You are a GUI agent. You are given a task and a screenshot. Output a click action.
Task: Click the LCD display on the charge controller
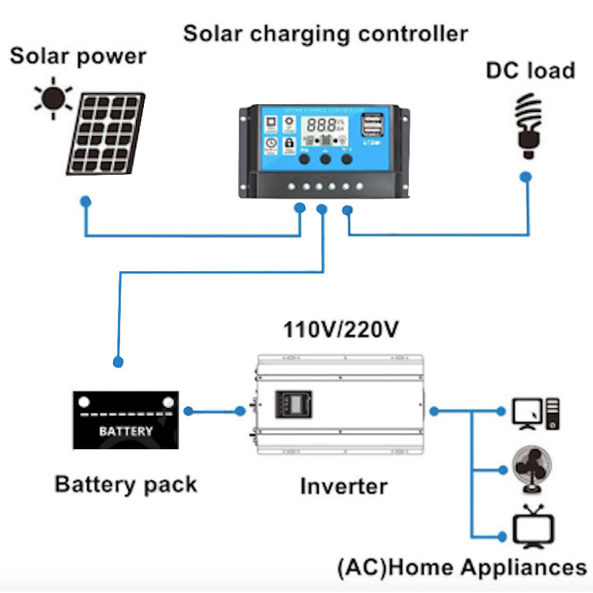pos(325,125)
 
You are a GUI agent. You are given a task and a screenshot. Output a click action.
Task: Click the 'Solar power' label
pos(77,57)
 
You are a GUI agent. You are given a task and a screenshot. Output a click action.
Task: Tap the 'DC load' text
pos(530,70)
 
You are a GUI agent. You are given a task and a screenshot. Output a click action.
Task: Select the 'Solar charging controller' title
pos(325,34)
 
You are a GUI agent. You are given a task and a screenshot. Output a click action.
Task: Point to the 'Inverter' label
pos(343,486)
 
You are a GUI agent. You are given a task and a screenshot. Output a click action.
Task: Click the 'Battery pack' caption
pos(126,484)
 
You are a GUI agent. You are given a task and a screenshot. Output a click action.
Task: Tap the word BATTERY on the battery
pos(126,432)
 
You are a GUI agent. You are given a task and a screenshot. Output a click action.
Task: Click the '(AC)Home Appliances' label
pos(462,567)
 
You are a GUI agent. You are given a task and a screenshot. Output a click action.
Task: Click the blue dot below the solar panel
pos(86,202)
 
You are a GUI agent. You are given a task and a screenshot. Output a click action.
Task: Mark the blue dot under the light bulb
pos(526,179)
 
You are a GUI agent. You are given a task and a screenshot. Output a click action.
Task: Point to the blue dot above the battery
pos(119,362)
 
